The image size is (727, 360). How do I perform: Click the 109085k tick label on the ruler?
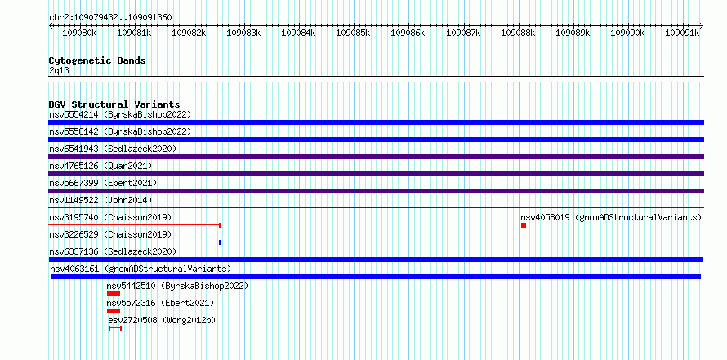pos(353,33)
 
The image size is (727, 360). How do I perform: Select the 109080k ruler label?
pos(79,33)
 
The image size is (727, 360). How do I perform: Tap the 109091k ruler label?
pos(682,33)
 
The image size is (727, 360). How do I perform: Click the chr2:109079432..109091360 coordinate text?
pos(110,18)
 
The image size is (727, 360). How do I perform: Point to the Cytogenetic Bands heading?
pos(97,60)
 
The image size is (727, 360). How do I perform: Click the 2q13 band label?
pos(59,70)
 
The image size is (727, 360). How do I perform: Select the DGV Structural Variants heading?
pos(114,104)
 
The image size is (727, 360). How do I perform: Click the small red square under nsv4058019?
pos(524,225)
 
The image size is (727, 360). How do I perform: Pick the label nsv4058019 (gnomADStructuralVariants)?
pos(611,217)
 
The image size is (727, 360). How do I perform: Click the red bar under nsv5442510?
pos(114,294)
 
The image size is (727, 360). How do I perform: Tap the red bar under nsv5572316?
pos(114,311)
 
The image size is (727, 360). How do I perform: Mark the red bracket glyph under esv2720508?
pos(115,328)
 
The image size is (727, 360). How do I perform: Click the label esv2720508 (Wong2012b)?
pos(162,320)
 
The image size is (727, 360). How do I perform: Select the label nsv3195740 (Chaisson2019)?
pos(110,217)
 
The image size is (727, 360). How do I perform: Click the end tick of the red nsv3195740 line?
pos(220,225)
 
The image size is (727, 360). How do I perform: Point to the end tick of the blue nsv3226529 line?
pos(220,242)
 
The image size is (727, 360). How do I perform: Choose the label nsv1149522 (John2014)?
pos(100,200)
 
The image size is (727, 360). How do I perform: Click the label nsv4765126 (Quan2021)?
pos(100,166)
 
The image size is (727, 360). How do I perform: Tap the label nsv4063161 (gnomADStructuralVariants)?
pos(140,269)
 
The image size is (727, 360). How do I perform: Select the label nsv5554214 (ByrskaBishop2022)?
pos(120,114)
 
